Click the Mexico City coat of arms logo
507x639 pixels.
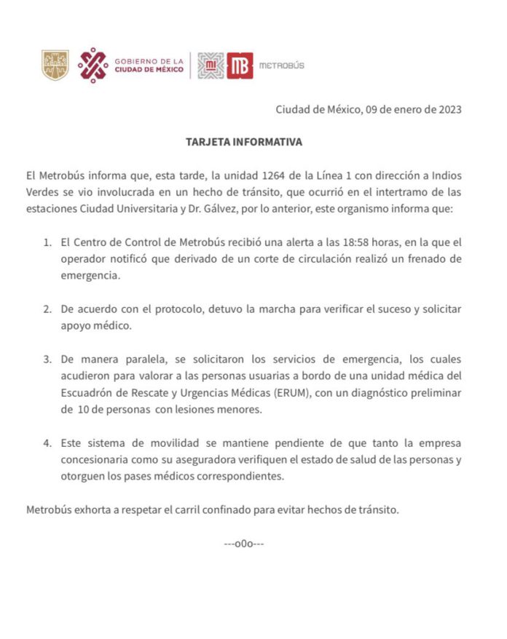click(55, 65)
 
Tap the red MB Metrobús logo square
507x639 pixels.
click(240, 66)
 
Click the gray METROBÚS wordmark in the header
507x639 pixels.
click(282, 66)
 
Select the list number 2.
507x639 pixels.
click(46, 309)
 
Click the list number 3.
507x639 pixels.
click(46, 360)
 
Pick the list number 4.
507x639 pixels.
click(46, 443)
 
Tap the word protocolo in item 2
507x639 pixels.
click(160, 309)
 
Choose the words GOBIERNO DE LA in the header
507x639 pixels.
click(149, 61)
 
